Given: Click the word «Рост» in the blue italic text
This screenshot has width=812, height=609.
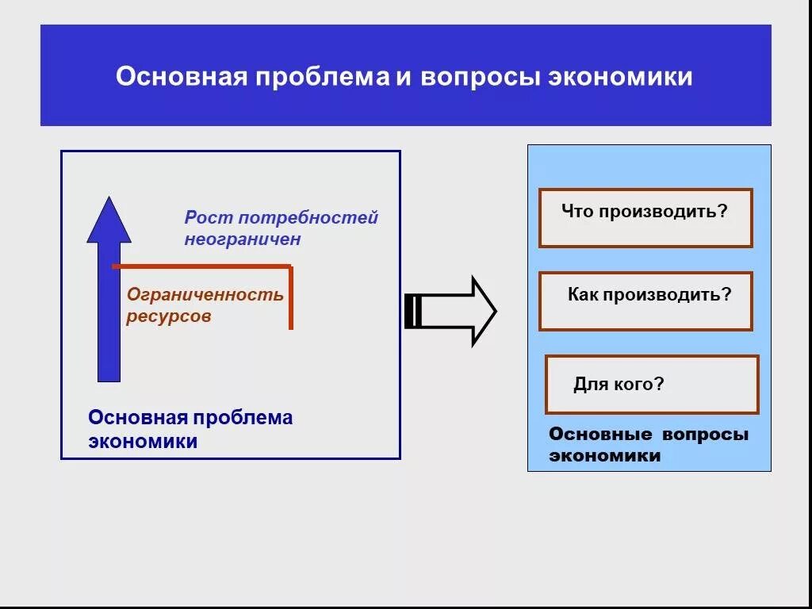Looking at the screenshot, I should click(209, 217).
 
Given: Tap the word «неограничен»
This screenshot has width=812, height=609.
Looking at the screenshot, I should click(243, 239).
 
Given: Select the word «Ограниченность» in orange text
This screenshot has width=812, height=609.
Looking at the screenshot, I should click(205, 294).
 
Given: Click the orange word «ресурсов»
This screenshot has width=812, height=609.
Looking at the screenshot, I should click(168, 316).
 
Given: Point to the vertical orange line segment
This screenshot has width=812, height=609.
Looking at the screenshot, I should click(291, 297).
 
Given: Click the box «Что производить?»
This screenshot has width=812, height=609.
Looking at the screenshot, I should click(645, 218).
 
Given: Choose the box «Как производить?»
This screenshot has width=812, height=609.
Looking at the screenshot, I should click(645, 301).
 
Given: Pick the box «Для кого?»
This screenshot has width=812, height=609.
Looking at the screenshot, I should click(651, 385).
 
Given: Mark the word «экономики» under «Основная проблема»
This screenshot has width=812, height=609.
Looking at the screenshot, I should click(143, 442).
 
